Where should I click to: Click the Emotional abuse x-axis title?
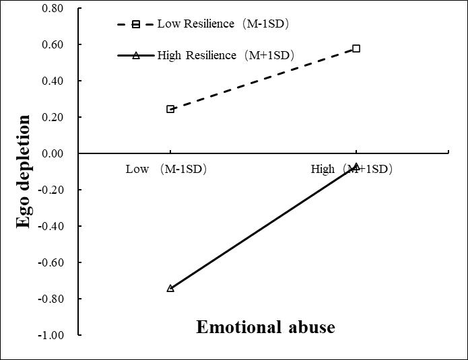265,327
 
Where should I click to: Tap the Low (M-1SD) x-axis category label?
166,169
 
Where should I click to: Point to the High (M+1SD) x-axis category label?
351,169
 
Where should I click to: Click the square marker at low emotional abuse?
170,109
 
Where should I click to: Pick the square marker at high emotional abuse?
356,48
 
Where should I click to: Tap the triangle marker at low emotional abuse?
170,288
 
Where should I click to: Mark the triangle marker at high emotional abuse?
356,166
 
